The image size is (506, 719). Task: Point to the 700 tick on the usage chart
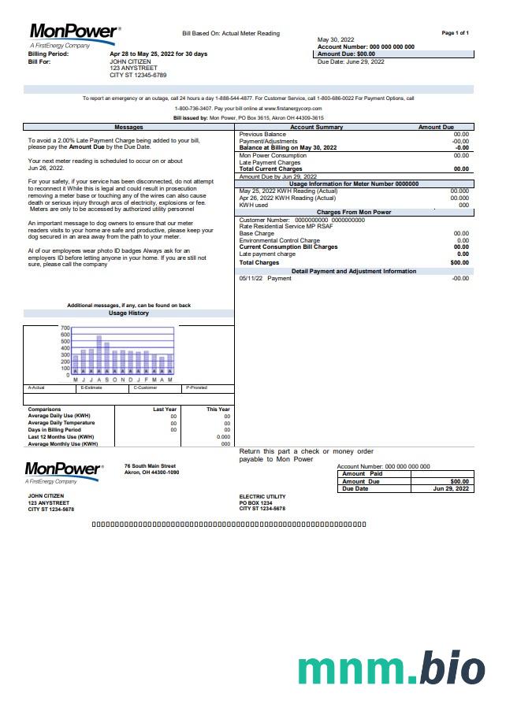pyautogui.click(x=65, y=328)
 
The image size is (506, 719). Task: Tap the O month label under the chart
pyautogui.click(x=115, y=380)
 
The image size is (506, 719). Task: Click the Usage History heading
pyautogui.click(x=128, y=313)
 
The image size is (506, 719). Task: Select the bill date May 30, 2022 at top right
pyautogui.click(x=336, y=39)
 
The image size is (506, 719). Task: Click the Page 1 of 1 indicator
pyautogui.click(x=456, y=33)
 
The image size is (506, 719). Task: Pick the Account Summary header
pyautogui.click(x=317, y=127)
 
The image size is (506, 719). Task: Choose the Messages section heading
pyautogui.click(x=128, y=127)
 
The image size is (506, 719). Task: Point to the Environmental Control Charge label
pyautogui.click(x=279, y=240)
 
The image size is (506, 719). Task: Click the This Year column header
pyautogui.click(x=218, y=410)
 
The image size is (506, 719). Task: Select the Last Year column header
pyautogui.click(x=165, y=410)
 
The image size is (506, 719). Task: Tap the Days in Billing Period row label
pyautogui.click(x=54, y=430)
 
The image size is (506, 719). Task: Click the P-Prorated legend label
pyautogui.click(x=196, y=387)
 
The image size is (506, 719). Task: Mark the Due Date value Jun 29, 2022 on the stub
pyautogui.click(x=451, y=489)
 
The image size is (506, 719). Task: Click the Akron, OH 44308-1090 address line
pyautogui.click(x=151, y=473)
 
